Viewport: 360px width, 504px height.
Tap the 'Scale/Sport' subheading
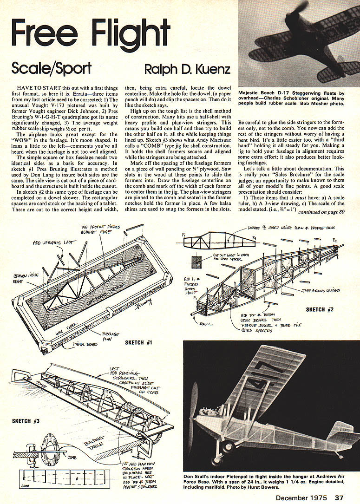tap(52, 69)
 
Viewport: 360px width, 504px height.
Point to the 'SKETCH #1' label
tap(141, 342)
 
